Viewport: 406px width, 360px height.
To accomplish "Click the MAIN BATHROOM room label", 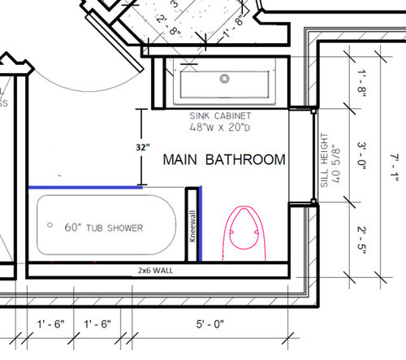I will tap(224, 159).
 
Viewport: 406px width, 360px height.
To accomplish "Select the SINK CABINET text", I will tap(221, 117).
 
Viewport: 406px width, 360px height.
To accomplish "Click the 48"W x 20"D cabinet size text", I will tap(221, 128).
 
